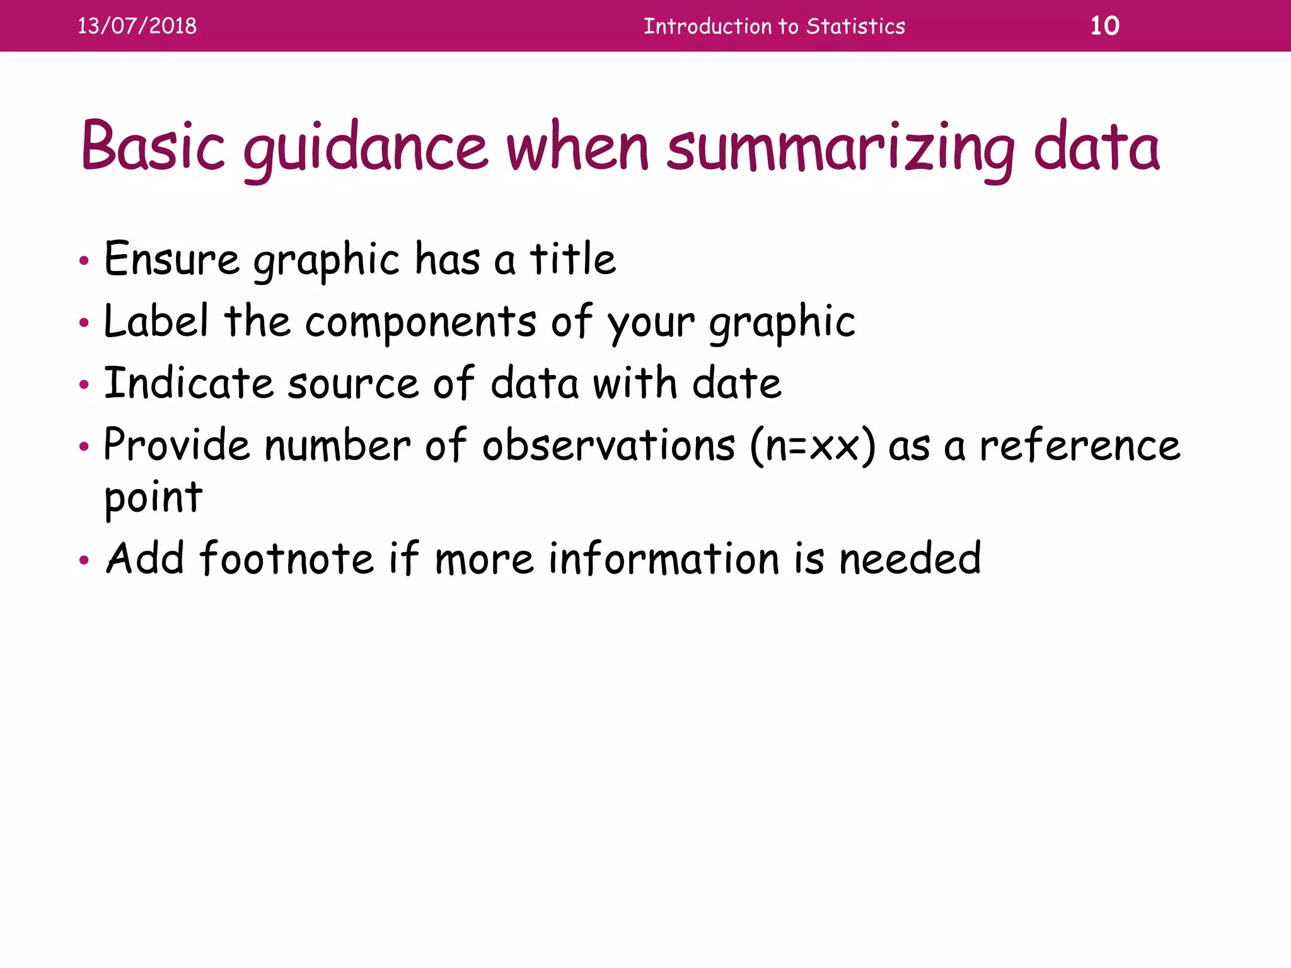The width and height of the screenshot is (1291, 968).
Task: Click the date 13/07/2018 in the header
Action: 137,26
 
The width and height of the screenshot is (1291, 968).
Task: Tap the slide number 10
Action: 1104,26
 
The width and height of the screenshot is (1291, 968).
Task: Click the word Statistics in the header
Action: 855,26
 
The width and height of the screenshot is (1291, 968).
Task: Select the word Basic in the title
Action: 153,146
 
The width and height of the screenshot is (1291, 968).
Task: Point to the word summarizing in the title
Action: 841,149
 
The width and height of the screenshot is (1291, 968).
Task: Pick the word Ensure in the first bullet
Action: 171,259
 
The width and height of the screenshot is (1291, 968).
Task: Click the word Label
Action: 156,321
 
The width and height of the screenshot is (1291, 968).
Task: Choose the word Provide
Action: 177,445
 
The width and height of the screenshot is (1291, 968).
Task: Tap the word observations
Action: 608,446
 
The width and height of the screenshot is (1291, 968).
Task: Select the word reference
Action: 1079,446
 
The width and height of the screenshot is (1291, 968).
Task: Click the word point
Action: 153,498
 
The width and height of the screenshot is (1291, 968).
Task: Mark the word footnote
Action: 287,558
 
